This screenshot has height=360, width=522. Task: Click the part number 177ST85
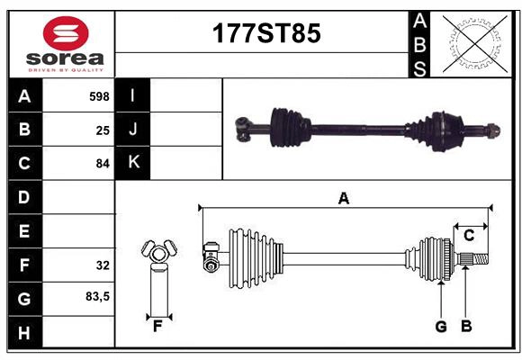(265, 33)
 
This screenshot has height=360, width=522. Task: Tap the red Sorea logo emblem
(65, 34)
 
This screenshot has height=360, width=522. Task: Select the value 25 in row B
(103, 130)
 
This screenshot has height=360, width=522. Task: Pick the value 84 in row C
(103, 164)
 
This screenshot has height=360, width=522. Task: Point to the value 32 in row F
(103, 265)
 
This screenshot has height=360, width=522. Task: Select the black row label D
(24, 197)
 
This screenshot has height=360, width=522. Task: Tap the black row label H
(24, 332)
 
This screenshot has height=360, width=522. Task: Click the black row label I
(133, 96)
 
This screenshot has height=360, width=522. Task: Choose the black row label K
(133, 163)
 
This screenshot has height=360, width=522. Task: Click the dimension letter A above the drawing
(343, 198)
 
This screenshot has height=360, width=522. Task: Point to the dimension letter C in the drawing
(469, 236)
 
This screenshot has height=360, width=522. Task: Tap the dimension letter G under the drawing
(441, 327)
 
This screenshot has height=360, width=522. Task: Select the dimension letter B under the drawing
(466, 327)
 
